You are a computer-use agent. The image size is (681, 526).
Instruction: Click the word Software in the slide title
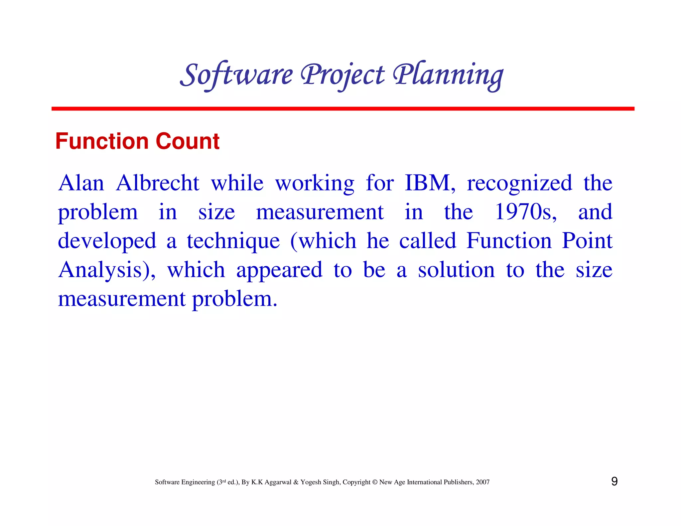point(236,75)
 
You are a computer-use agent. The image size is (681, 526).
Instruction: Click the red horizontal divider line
point(342,109)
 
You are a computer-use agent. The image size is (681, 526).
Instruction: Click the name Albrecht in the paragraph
point(158,183)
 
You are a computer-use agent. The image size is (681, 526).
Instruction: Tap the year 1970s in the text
point(526,212)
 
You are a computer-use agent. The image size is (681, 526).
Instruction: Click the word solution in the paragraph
point(456,270)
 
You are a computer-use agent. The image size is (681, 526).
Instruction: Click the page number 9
point(614,481)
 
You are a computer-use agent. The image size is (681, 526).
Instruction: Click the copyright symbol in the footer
point(375,482)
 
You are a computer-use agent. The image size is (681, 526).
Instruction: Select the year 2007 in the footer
point(482,482)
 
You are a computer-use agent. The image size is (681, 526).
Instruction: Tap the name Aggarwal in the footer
point(278,482)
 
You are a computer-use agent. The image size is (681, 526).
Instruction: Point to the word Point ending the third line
point(587,241)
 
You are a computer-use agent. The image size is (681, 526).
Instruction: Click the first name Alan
point(81,183)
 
